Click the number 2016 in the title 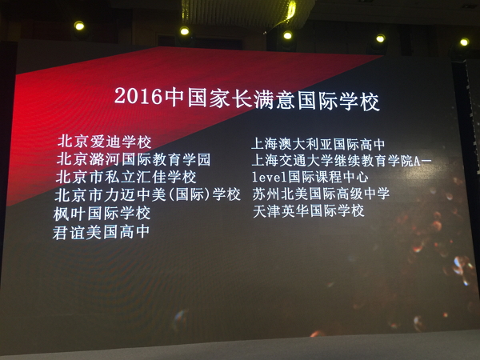coord(138,96)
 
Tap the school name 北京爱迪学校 coord(104,142)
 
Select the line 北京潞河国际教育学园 coord(134,159)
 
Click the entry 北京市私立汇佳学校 coord(126,177)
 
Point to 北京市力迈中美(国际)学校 coord(147,194)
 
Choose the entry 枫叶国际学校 coord(102,214)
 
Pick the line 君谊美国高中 coord(101,232)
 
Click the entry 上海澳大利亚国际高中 coord(318,144)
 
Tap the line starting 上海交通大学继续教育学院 coord(342,161)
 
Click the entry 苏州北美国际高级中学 coord(321,194)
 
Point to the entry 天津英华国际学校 coord(309,211)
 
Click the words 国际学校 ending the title coord(339,102)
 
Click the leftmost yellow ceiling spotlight coord(79,26)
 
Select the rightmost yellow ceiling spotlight coord(464,42)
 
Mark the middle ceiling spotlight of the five coord(287,35)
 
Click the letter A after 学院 coord(417,162)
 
